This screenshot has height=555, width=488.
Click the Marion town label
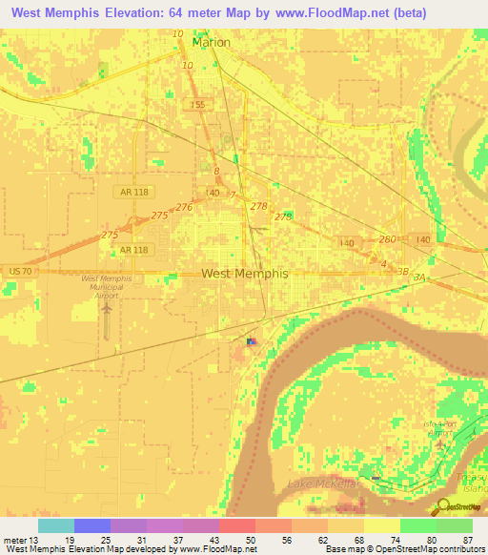(x=211, y=42)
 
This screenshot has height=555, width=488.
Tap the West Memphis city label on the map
(x=244, y=273)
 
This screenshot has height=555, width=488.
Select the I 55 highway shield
(x=197, y=104)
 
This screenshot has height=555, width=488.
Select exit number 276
(x=184, y=207)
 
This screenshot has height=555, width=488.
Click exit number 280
(x=386, y=239)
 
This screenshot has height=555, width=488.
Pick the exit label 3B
(x=402, y=272)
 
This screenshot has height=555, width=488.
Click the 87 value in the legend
(x=467, y=539)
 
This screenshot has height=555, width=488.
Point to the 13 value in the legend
(x=35, y=539)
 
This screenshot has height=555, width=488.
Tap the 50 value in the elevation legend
(x=250, y=539)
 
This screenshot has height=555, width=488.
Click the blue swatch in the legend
(x=91, y=525)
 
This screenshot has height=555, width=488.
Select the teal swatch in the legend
(x=55, y=525)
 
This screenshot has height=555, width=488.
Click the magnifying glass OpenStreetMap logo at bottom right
(x=444, y=507)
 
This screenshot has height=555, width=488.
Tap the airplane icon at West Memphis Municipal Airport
(x=107, y=308)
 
